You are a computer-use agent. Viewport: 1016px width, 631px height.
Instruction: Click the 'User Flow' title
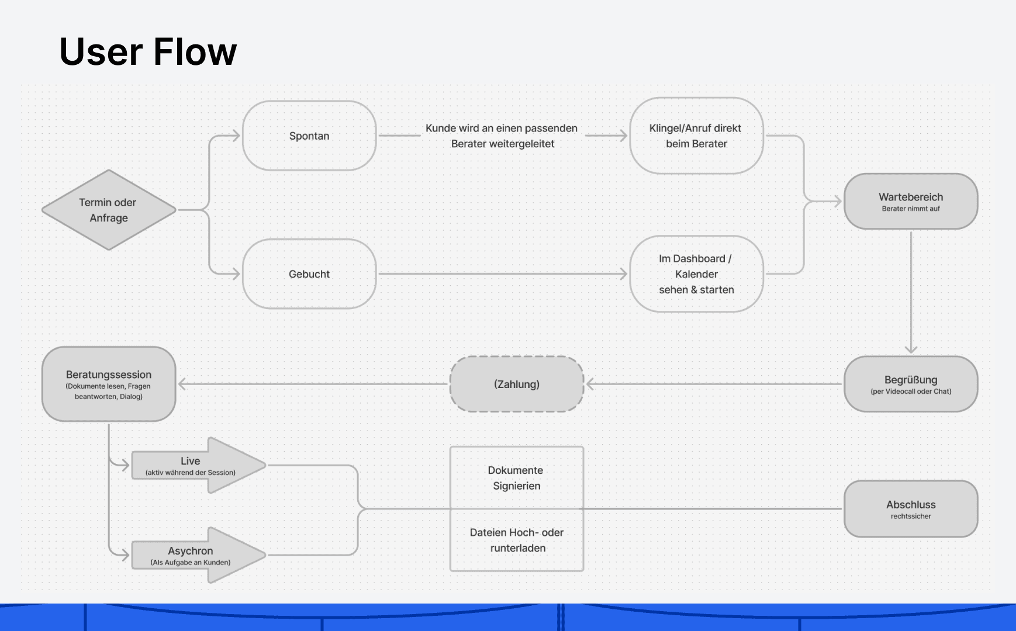click(x=148, y=51)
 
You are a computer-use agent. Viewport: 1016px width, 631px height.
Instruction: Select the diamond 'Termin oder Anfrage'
click(x=109, y=210)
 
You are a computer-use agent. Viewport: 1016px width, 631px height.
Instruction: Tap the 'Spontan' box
click(x=309, y=136)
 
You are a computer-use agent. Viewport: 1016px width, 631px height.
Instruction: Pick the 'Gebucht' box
click(x=309, y=274)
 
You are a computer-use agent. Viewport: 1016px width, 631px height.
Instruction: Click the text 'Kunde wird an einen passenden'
click(x=502, y=128)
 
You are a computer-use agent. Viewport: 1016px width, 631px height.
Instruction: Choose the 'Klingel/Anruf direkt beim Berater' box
click(x=696, y=136)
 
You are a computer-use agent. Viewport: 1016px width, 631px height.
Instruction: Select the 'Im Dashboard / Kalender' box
click(x=696, y=274)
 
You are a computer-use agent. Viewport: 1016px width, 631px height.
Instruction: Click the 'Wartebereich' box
click(x=911, y=202)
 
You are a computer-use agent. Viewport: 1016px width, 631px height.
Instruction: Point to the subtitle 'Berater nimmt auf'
click(x=911, y=209)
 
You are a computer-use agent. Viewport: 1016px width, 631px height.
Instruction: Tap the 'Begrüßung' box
click(x=911, y=384)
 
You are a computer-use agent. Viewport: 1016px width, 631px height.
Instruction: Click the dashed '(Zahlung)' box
click(x=517, y=384)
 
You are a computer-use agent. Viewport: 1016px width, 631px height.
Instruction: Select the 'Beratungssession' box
click(x=109, y=384)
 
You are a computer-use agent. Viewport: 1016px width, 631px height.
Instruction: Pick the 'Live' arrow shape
click(x=199, y=465)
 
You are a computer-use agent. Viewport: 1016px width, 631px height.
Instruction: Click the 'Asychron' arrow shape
click(x=199, y=555)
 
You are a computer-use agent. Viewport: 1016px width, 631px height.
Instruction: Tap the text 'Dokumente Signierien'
click(x=516, y=478)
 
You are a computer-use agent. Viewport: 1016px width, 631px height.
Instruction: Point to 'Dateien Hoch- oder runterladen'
click(x=517, y=540)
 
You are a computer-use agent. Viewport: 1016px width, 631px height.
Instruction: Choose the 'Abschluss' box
click(x=911, y=509)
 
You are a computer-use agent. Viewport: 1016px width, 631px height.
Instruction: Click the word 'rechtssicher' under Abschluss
click(x=911, y=516)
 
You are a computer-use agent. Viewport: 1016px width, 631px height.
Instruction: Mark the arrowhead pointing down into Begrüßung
click(x=911, y=349)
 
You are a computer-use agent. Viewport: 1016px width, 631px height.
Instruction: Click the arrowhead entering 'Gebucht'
click(x=236, y=274)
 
